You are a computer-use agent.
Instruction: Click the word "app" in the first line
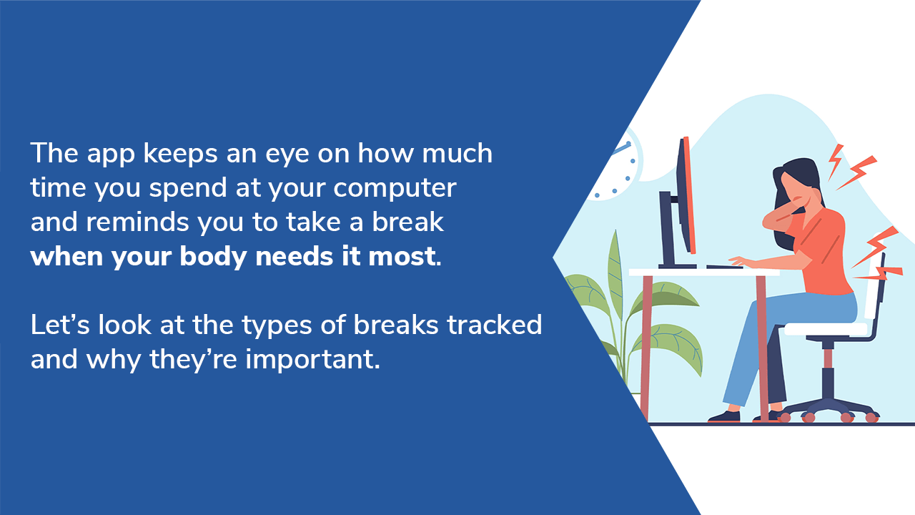(111, 154)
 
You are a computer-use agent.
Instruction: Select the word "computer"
(395, 189)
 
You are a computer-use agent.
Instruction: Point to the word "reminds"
(137, 222)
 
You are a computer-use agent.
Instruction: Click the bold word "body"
(213, 257)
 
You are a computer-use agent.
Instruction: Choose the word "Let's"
(59, 325)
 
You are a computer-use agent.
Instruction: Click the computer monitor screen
(687, 195)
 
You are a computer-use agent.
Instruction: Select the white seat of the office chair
(825, 329)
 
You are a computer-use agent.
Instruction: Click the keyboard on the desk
(725, 267)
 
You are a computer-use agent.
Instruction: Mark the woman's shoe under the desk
(725, 416)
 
